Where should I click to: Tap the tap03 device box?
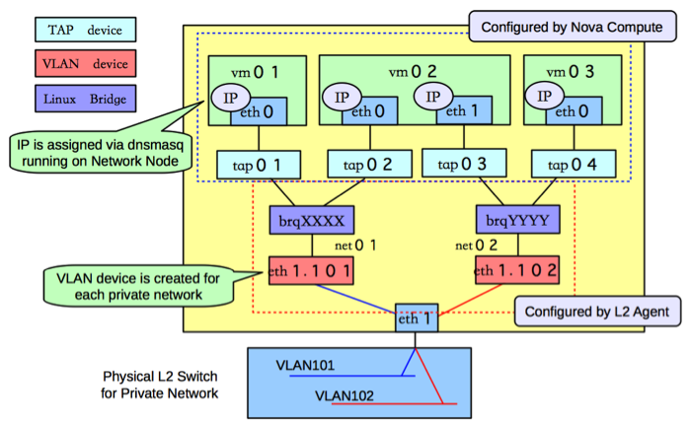point(455,164)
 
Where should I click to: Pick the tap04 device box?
point(564,164)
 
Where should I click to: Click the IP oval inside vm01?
point(224,99)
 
